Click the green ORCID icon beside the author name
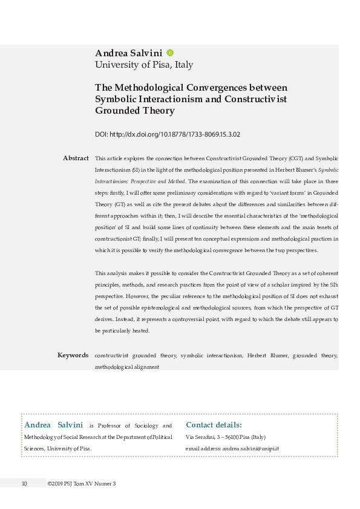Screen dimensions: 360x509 (170, 53)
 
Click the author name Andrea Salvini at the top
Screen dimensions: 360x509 (129, 53)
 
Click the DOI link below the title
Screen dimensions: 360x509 (172, 134)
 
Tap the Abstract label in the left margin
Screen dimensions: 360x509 (76, 158)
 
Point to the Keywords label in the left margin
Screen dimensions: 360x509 (73, 355)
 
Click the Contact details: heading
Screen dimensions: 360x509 (214, 425)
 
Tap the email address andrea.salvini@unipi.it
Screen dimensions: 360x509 (250, 449)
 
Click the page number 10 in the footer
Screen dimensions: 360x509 (25, 483)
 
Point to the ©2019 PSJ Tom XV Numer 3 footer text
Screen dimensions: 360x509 (81, 483)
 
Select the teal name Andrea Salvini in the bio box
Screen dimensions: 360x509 (53, 425)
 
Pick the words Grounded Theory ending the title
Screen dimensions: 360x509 (135, 111)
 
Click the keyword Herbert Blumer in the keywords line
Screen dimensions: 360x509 (266, 355)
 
